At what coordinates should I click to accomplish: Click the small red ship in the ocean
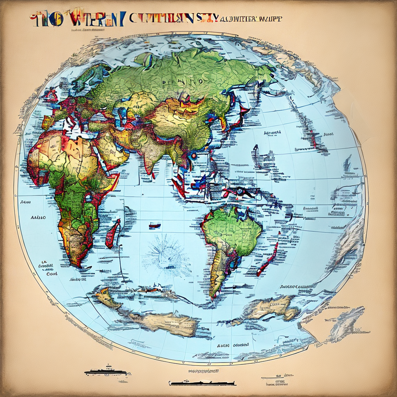coord(154,225)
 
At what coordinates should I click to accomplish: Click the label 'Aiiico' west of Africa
coord(38,217)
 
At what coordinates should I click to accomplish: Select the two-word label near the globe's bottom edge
coord(233,345)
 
